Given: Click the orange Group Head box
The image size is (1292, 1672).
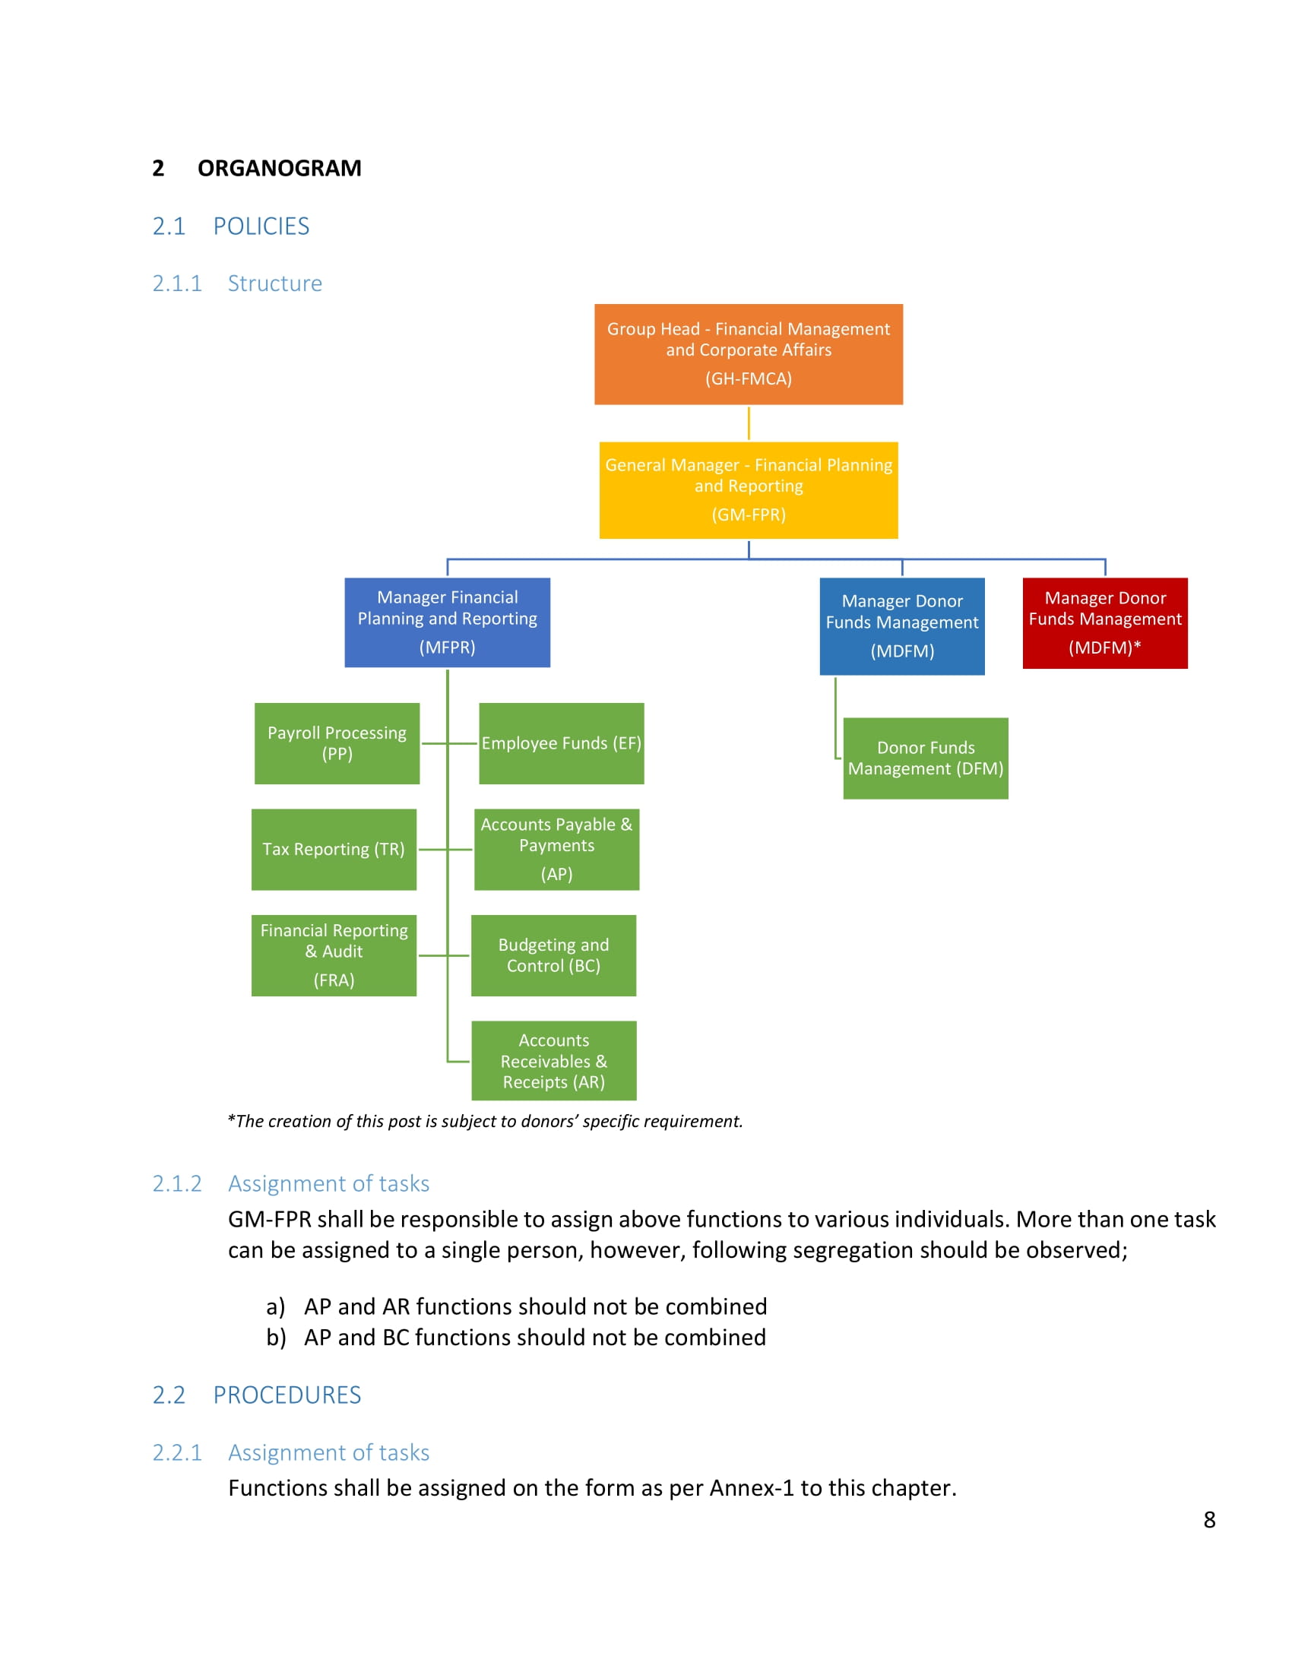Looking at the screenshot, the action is (749, 354).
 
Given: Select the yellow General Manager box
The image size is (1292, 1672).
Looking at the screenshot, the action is (749, 490).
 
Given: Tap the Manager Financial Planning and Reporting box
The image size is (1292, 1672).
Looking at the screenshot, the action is (447, 622).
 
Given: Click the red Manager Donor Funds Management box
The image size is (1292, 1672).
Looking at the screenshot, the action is (1105, 623).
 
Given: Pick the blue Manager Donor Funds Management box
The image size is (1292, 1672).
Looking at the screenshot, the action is (902, 626).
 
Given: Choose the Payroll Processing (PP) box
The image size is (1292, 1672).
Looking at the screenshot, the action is (337, 743).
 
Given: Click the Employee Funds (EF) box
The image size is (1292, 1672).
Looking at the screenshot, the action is (561, 743).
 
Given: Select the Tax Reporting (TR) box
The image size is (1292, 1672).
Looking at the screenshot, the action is (334, 850).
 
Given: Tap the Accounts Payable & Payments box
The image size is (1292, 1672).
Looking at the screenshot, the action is (556, 850).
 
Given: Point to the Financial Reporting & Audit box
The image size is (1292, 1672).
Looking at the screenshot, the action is (334, 955).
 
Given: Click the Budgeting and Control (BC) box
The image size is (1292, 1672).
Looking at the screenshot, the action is (553, 955).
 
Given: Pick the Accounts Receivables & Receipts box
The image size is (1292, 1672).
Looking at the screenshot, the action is (553, 1060).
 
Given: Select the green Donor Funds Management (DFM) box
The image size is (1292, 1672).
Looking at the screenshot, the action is (926, 758).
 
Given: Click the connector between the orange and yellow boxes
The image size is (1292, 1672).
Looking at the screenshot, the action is (749, 423).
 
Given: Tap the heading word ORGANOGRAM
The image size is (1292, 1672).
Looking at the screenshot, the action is (280, 168).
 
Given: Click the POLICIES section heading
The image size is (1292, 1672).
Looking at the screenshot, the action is (261, 226).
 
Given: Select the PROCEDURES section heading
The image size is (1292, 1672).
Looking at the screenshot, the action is (287, 1395).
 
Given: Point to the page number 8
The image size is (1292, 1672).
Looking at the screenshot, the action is (1209, 1520).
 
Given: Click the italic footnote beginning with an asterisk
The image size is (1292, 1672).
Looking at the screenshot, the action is (486, 1122).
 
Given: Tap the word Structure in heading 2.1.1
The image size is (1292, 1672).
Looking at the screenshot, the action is (275, 283).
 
